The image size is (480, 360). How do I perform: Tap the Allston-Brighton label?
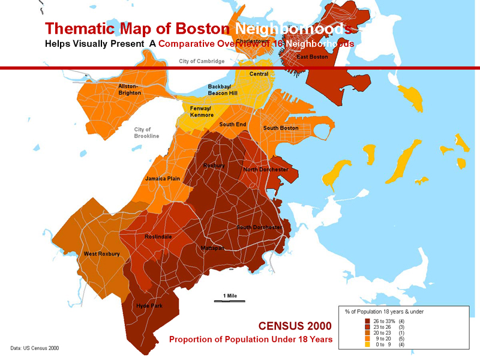(x=130, y=89)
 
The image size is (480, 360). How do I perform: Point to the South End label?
(x=232, y=124)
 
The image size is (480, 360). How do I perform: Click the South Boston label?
(x=280, y=128)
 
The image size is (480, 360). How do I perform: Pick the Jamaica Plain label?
(x=163, y=179)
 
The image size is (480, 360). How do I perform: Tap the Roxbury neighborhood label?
(x=214, y=165)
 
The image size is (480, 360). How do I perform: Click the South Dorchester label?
(x=259, y=227)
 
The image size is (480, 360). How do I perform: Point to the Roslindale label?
(x=158, y=237)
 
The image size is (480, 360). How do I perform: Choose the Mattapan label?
(x=213, y=248)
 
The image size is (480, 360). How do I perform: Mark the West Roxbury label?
(x=101, y=254)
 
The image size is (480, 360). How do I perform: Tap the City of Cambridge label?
(x=202, y=61)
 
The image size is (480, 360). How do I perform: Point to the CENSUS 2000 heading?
(x=295, y=326)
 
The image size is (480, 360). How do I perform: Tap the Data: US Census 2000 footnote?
(x=35, y=348)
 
